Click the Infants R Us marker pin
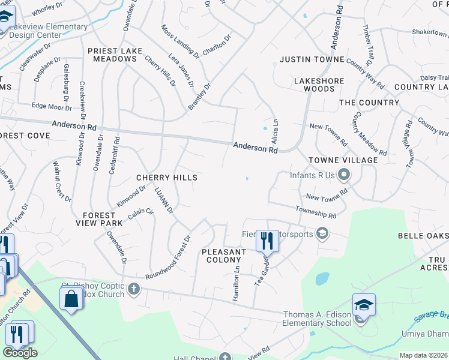(x=344, y=176)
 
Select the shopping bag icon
(x=71, y=298)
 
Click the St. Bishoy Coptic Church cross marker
(x=134, y=290)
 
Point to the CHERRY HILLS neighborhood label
(x=166, y=178)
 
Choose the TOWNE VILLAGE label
(x=343, y=160)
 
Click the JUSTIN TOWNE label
(x=312, y=59)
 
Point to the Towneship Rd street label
(x=315, y=212)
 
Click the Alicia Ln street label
(x=276, y=128)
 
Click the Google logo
(x=20, y=353)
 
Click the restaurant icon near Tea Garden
(x=267, y=241)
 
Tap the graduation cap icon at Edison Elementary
(x=364, y=305)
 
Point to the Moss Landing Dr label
(x=180, y=41)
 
